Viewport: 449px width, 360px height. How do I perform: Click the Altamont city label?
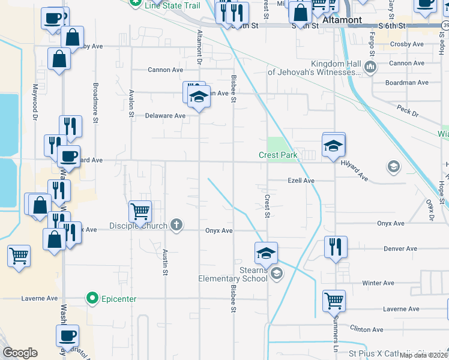[x=342, y=20]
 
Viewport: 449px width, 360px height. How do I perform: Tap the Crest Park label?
[x=278, y=155]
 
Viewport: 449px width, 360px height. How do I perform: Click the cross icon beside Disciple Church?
[x=176, y=226]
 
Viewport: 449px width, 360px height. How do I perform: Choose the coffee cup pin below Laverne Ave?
[x=68, y=335]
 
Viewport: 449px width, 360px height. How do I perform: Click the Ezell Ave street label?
[x=301, y=181]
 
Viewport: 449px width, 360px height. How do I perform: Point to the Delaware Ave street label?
[x=164, y=116]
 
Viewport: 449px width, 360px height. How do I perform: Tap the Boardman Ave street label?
[x=407, y=83]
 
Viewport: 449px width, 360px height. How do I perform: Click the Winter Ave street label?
[x=378, y=283]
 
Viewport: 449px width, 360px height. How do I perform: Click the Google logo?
[x=20, y=353]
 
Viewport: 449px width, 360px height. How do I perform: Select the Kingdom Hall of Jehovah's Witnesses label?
[x=315, y=68]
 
